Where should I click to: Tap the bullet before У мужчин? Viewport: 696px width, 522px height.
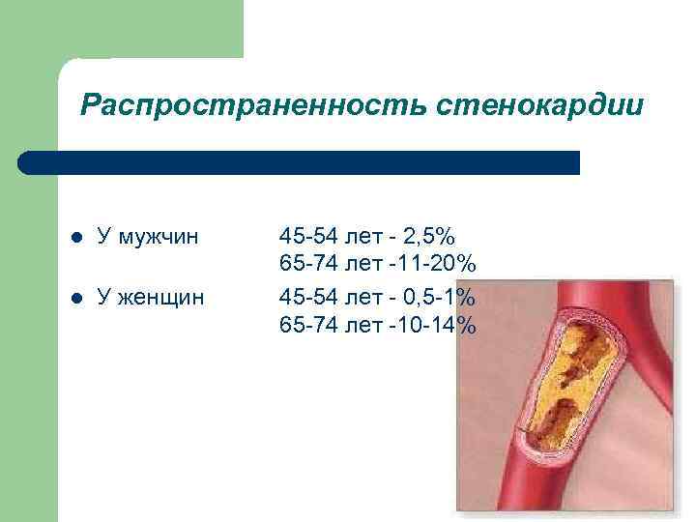(x=76, y=236)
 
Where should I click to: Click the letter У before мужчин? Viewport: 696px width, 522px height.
(x=103, y=235)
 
